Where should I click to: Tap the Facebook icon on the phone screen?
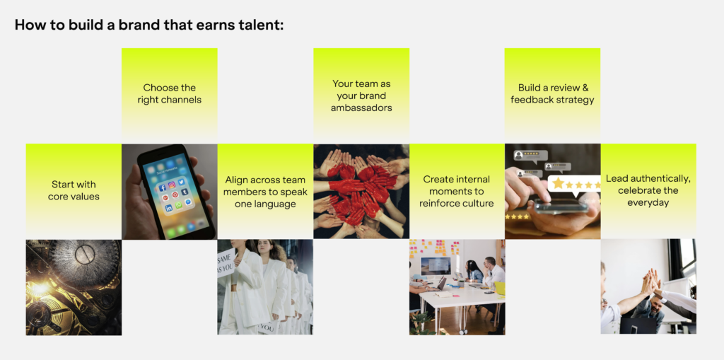click(x=162, y=188)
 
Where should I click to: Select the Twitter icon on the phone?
click(x=181, y=182)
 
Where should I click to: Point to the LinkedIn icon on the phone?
click(x=168, y=209)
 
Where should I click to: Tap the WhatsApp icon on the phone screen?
click(x=179, y=205)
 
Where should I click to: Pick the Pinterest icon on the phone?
click(x=175, y=195)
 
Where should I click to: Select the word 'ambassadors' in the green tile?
click(x=361, y=108)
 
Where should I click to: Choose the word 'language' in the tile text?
click(x=276, y=204)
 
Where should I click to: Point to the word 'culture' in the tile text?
click(x=479, y=203)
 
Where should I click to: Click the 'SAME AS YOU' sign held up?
click(x=226, y=262)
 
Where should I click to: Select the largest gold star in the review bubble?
click(x=559, y=183)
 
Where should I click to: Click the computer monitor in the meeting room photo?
click(x=435, y=267)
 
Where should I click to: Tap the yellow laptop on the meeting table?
click(x=500, y=289)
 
